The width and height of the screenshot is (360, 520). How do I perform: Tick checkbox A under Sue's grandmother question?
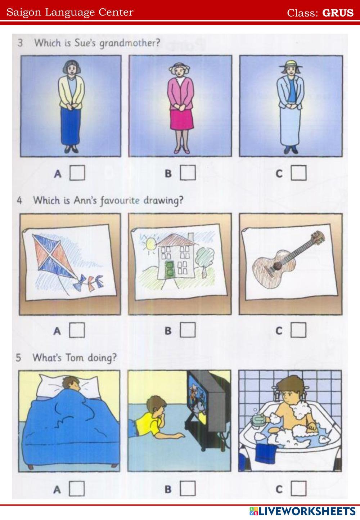(x=77, y=173)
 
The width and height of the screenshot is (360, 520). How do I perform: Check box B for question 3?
(x=188, y=172)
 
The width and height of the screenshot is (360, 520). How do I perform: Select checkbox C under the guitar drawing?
(x=298, y=330)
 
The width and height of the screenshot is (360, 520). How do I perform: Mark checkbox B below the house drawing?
(x=188, y=330)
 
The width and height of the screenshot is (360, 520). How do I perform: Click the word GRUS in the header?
(x=338, y=13)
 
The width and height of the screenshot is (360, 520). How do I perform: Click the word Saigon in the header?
(x=24, y=13)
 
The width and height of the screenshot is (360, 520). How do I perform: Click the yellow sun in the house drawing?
(x=150, y=244)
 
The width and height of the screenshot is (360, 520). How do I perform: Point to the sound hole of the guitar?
(x=277, y=265)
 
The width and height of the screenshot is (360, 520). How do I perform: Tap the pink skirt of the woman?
(x=182, y=119)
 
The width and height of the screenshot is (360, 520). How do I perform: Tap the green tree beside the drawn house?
(x=205, y=260)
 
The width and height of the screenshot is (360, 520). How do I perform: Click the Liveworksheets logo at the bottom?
(x=302, y=511)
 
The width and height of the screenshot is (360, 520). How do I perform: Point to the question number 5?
(x=19, y=358)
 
